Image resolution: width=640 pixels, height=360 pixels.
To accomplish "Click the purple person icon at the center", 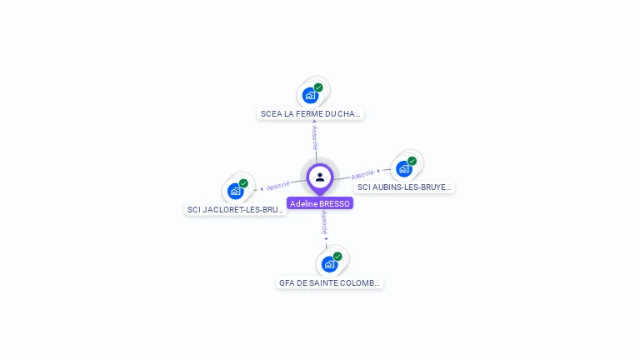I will (x=320, y=177).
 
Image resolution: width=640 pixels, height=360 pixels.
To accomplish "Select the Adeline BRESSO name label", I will (x=320, y=203).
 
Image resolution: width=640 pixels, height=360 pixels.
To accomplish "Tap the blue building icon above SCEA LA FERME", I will (x=310, y=95).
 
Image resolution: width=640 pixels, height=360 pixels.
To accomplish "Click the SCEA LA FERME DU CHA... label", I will (x=311, y=113).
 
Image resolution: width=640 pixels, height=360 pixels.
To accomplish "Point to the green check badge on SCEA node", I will (x=318, y=87).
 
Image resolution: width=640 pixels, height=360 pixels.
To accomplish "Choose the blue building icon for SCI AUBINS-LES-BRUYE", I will (x=404, y=168).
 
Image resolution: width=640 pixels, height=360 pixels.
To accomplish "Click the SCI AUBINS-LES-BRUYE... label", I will (x=404, y=187).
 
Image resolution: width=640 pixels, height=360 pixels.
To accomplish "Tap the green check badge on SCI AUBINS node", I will (x=412, y=161).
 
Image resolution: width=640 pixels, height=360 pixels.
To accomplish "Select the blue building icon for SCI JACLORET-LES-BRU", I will (x=236, y=191).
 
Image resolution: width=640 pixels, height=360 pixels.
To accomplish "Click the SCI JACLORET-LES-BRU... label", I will (x=236, y=209).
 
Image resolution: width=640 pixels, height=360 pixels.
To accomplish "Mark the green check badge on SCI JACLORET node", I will (x=243, y=183).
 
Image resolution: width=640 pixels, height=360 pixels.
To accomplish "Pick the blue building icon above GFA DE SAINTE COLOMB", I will (x=329, y=264).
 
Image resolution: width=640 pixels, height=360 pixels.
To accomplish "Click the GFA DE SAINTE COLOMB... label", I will (x=330, y=282).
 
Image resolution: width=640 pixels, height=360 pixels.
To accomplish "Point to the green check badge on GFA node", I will (x=337, y=257).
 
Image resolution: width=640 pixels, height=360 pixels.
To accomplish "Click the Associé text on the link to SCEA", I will (x=315, y=136).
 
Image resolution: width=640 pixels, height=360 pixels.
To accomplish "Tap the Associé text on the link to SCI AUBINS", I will (x=362, y=175).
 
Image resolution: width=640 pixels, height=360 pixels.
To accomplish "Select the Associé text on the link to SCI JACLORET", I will (x=278, y=185).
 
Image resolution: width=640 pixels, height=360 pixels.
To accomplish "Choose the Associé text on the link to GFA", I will (x=324, y=223).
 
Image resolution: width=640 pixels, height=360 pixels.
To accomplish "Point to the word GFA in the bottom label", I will (x=287, y=282).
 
